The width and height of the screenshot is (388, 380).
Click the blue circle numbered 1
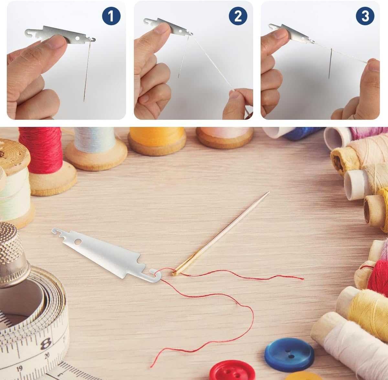pos(111,16)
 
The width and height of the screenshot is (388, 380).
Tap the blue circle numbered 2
pos(238,16)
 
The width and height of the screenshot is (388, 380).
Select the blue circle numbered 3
pos(365,16)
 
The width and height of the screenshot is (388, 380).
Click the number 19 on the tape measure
pos(19,369)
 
